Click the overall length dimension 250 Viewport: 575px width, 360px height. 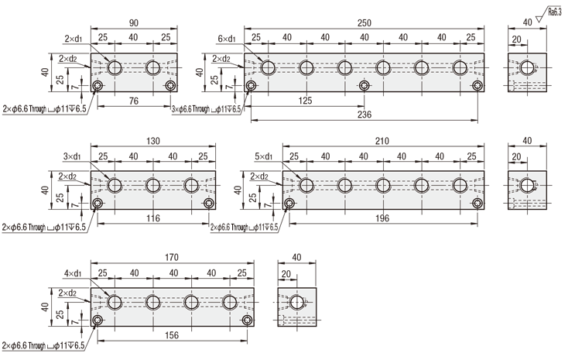pyautogui.click(x=365, y=23)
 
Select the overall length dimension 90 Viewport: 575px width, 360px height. pyautogui.click(x=133, y=23)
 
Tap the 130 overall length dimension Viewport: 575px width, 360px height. pyautogui.click(x=153, y=141)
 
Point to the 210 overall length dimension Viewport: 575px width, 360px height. pyautogui.click(x=382, y=141)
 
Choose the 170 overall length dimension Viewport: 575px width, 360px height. pyautogui.click(x=172, y=257)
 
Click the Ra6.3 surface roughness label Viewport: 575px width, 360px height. pyautogui.click(x=554, y=12)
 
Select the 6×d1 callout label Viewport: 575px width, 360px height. pyautogui.click(x=227, y=39)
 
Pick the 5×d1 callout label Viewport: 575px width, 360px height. pyautogui.click(x=264, y=156)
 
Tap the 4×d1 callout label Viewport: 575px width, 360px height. pyautogui.click(x=73, y=273)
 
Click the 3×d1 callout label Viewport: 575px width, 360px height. pyautogui.click(x=72, y=156)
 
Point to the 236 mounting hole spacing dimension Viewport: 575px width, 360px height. pyautogui.click(x=365, y=115)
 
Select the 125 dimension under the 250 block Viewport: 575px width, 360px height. pyautogui.click(x=305, y=101)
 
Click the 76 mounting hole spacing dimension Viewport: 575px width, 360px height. pyautogui.click(x=134, y=101)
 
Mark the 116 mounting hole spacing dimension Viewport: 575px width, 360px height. pyautogui.click(x=153, y=218)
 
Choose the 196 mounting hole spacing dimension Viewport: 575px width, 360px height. pyautogui.click(x=382, y=218)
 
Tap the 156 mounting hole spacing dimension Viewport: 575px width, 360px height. pyautogui.click(x=172, y=335)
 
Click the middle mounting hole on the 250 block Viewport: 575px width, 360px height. pyautogui.click(x=365, y=86)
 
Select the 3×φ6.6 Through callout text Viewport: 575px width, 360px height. pyautogui.click(x=207, y=109)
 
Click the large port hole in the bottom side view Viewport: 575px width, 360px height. pyautogui.click(x=296, y=303)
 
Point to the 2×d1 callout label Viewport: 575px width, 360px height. pyautogui.click(x=74, y=39)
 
